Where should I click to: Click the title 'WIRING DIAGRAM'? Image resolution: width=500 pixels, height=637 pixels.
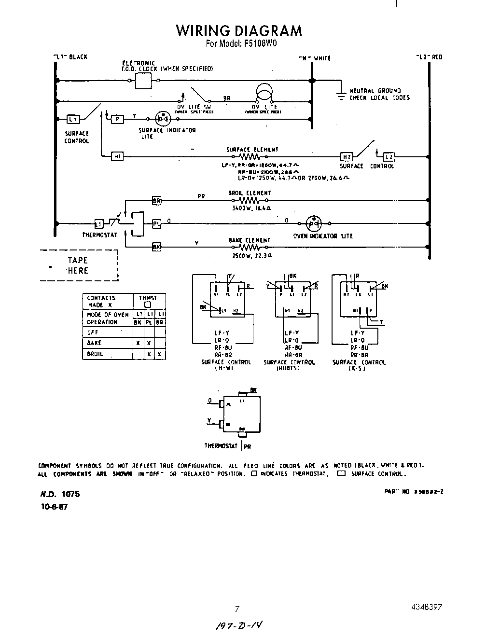pos(239,30)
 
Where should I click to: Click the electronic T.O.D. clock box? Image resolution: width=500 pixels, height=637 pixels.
pos(143,81)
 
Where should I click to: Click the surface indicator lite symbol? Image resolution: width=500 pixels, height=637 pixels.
pos(163,119)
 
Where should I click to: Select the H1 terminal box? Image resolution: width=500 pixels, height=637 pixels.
pos(117,156)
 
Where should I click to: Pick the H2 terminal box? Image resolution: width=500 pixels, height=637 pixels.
pos(347,156)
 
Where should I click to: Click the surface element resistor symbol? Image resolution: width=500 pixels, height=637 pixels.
pos(250,157)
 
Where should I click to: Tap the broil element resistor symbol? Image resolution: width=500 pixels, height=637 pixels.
pos(250,200)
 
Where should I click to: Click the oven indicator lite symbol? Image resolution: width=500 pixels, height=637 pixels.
pos(314,223)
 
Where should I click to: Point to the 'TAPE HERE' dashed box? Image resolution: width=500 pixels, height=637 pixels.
pos(79,265)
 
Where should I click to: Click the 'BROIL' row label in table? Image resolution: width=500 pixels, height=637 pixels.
pos(95,354)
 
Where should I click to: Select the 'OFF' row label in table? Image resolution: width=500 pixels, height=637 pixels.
pos(93,332)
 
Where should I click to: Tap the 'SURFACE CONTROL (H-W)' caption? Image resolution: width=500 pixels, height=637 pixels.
pos(226,365)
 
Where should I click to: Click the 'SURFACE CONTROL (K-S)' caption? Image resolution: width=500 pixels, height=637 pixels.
pos(359,365)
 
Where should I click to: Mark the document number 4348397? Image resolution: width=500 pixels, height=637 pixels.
pos(427,607)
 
